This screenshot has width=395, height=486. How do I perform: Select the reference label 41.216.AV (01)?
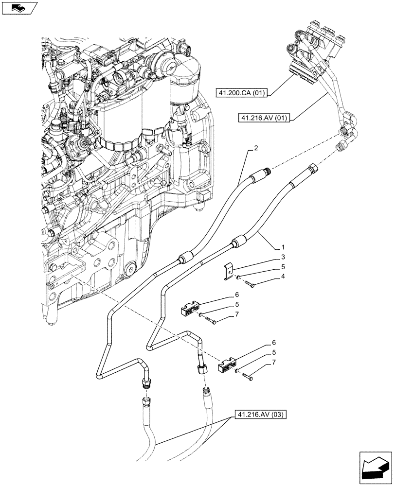point(264,118)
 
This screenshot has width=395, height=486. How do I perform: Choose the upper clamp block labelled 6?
point(191,310)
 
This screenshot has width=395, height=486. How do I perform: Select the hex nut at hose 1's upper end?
point(312,168)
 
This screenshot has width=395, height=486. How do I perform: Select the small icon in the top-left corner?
point(18,8)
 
